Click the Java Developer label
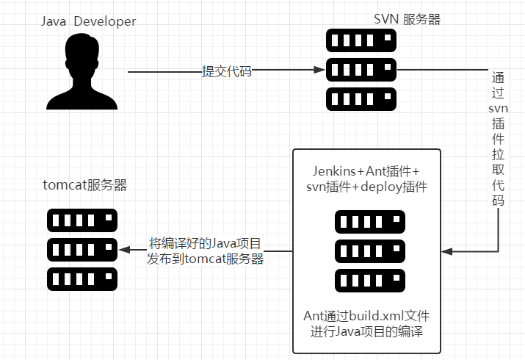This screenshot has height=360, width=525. click(89, 21)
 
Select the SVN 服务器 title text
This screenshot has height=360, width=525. click(407, 20)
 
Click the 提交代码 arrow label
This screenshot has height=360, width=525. click(227, 71)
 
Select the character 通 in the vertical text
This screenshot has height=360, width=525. click(498, 77)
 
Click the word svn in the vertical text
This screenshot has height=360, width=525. click(498, 109)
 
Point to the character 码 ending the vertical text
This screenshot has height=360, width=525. click(498, 201)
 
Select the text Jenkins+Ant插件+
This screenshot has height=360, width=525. click(366, 170)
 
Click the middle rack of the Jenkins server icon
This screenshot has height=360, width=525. click(366, 251)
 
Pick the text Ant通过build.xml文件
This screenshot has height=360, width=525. click(366, 316)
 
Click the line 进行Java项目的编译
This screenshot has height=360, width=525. click(366, 331)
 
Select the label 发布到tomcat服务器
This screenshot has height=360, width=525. click(206, 259)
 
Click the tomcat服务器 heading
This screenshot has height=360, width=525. click(85, 185)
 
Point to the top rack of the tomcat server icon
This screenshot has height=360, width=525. click(82, 220)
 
